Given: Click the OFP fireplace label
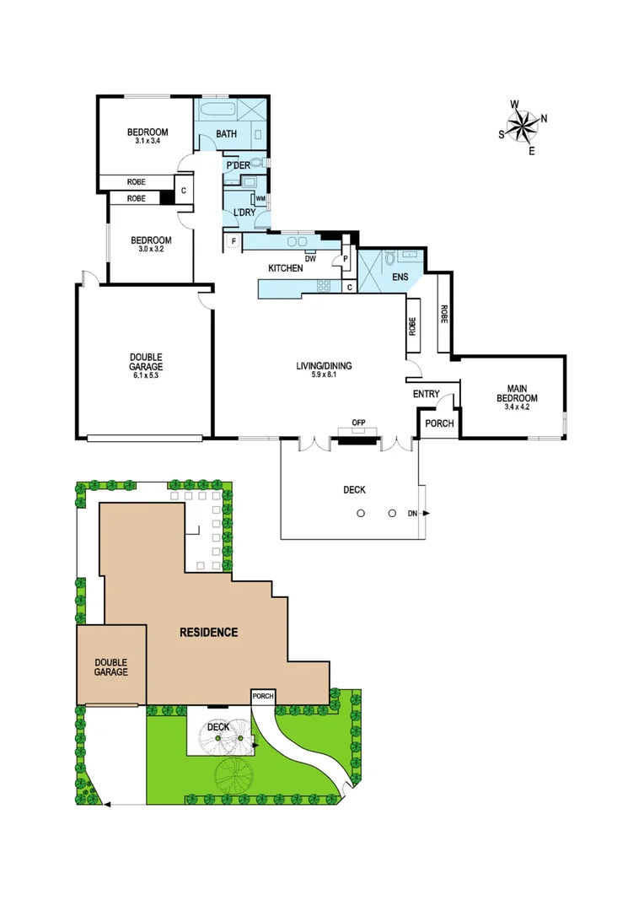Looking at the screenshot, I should click(358, 423).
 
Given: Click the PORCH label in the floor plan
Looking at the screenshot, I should click(439, 423).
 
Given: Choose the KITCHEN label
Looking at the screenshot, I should click(285, 268).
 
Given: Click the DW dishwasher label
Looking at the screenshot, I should click(310, 259).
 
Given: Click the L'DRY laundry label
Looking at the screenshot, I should click(244, 213).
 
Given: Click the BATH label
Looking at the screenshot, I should click(226, 134).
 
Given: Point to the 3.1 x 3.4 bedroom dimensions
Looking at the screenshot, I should click(147, 142).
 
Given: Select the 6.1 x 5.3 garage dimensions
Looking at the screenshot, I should click(146, 375).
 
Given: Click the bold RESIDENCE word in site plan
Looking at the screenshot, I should click(208, 632).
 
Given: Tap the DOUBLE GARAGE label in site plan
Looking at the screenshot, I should click(110, 667).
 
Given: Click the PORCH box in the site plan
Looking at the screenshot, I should click(263, 696).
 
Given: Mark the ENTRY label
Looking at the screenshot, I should click(426, 394).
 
